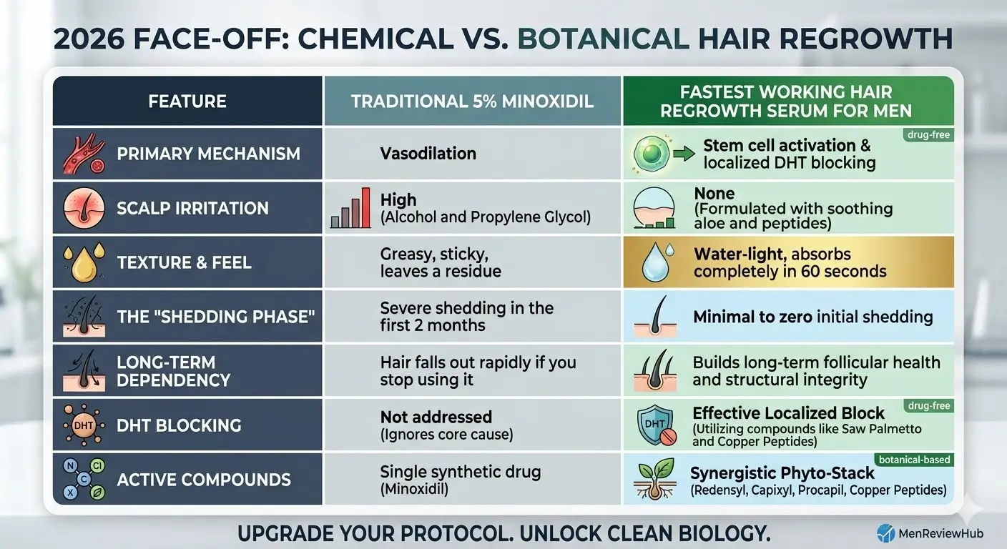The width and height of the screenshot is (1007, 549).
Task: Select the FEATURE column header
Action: (187, 102)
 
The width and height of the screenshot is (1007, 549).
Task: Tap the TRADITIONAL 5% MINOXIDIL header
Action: (472, 102)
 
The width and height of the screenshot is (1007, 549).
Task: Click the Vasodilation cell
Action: (428, 154)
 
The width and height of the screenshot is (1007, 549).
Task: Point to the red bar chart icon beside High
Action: (350, 209)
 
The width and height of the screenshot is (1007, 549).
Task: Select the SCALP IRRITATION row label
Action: (192, 209)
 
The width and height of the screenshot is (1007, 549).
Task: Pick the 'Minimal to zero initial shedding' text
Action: (812, 316)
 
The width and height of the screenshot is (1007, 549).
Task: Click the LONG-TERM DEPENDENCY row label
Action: (173, 370)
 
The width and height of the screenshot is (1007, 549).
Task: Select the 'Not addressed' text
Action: (436, 417)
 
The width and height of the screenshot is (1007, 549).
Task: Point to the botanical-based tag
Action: (915, 460)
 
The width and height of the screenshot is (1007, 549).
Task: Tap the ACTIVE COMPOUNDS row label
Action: (203, 479)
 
